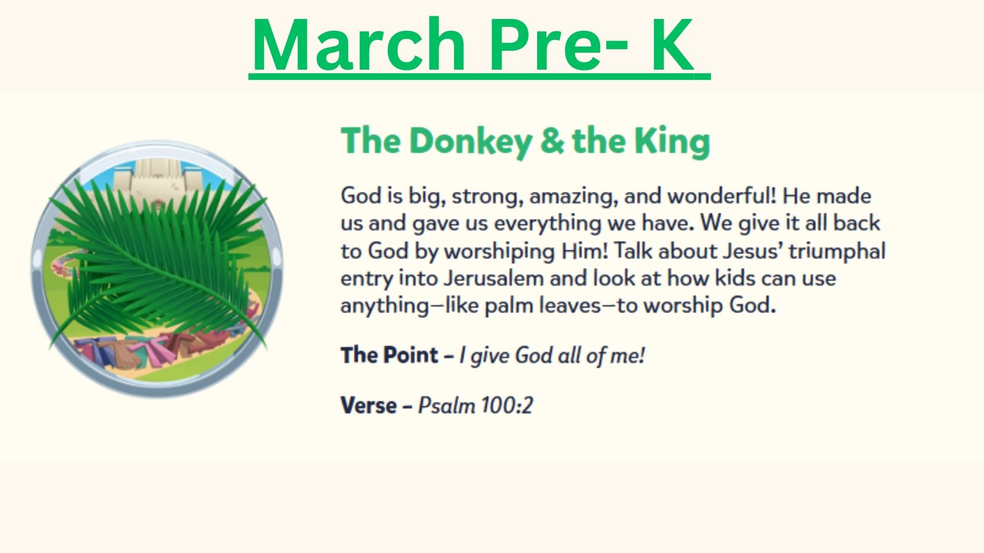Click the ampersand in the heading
551,140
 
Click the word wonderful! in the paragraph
722,196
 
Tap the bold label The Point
389,355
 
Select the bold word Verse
368,406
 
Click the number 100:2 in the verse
507,406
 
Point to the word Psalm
446,406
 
